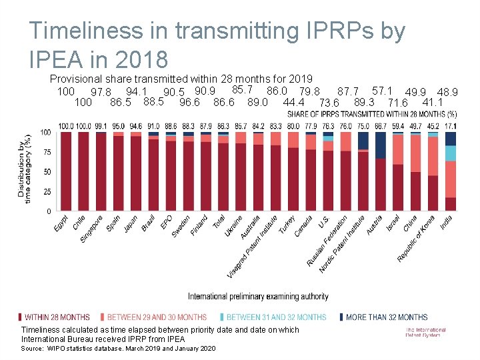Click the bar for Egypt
click(66, 171)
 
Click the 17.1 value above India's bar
click(451, 126)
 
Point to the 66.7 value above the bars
click(381, 126)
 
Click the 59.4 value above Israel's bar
click(398, 126)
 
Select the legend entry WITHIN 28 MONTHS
click(57, 317)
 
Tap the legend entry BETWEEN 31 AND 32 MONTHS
click(277, 317)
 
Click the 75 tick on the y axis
click(46, 152)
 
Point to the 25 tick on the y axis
click(46, 191)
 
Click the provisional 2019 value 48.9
click(447, 92)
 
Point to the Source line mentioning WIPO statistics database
click(118, 349)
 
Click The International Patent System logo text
click(425, 332)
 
